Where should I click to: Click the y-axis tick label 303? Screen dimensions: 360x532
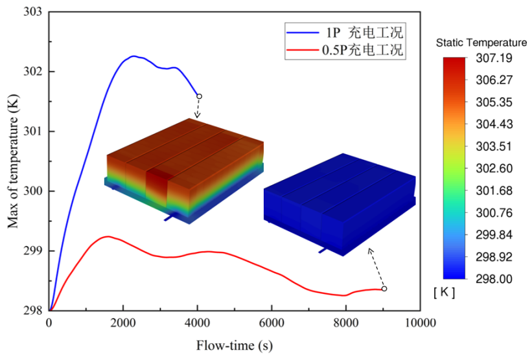[34, 12]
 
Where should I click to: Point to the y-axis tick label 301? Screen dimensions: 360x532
[34, 131]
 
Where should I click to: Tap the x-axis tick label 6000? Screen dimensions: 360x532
[272, 323]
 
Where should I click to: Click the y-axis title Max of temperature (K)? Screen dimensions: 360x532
[12, 161]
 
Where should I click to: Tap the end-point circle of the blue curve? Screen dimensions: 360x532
[199, 96]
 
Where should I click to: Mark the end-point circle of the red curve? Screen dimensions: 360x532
[384, 289]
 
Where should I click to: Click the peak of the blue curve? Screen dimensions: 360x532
[134, 56]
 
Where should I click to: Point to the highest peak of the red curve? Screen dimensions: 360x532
[108, 236]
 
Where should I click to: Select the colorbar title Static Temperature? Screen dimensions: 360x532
[481, 43]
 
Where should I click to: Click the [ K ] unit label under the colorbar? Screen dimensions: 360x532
[444, 293]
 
